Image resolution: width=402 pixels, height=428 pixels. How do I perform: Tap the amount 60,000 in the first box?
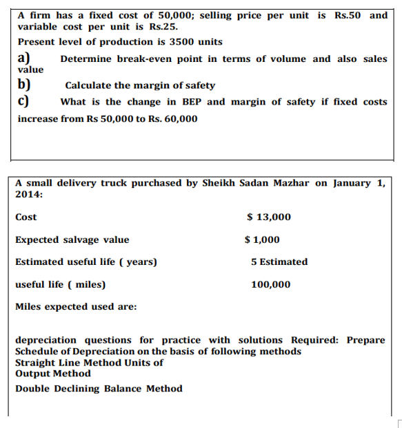(178, 119)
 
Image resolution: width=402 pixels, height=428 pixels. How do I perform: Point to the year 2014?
(29, 195)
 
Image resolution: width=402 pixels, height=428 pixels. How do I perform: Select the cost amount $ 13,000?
(269, 217)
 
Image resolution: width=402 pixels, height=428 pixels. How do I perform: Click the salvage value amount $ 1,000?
(263, 240)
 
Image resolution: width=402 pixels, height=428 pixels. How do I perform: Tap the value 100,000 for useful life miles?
(271, 284)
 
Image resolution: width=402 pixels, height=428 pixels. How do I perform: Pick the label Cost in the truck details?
(26, 217)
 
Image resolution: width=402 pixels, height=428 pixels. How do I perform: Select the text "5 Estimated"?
(279, 262)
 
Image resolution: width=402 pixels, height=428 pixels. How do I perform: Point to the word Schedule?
(37, 352)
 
